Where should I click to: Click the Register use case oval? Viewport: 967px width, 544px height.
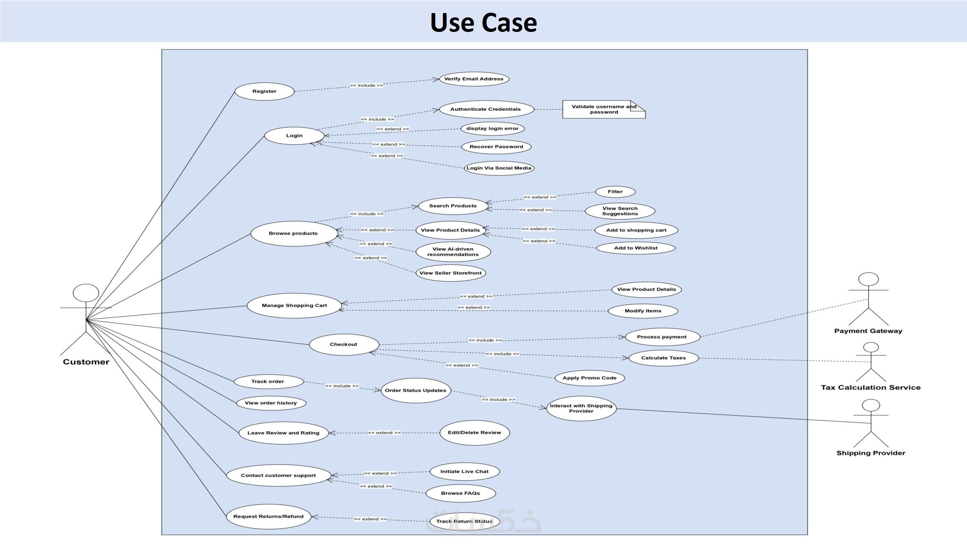click(x=264, y=91)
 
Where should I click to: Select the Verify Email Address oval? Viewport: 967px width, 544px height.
click(x=474, y=79)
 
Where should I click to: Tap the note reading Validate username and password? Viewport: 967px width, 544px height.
click(x=603, y=109)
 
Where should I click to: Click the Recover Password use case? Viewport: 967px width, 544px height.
click(x=496, y=147)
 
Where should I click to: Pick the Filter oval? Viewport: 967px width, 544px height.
click(x=615, y=192)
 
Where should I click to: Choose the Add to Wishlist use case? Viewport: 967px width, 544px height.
click(x=635, y=248)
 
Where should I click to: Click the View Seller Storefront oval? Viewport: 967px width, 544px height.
click(x=450, y=273)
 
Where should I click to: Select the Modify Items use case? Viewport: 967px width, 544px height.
click(x=643, y=311)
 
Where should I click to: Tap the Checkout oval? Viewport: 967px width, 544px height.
click(x=343, y=344)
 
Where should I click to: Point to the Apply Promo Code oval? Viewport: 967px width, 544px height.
click(x=589, y=378)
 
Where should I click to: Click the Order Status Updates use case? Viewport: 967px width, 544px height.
click(x=415, y=391)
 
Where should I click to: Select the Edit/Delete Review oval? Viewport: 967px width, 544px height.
click(x=474, y=433)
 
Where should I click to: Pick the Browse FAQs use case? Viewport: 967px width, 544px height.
click(x=460, y=493)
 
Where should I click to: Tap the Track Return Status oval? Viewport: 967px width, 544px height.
click(x=464, y=522)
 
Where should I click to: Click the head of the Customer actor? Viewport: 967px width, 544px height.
click(x=86, y=293)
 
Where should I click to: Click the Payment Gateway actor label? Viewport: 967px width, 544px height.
click(x=868, y=331)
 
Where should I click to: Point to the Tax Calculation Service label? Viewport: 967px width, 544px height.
click(x=871, y=387)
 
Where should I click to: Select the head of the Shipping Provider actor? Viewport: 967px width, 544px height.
click(x=871, y=405)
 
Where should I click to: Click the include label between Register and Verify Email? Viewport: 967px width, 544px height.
click(x=366, y=86)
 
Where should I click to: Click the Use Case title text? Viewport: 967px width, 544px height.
click(x=483, y=22)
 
